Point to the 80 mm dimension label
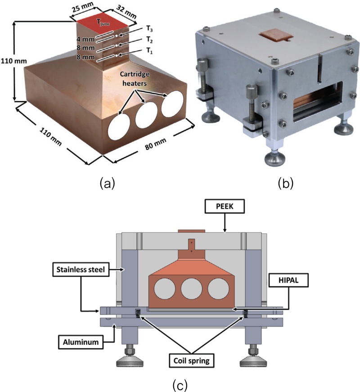pyautogui.click(x=147, y=145)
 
